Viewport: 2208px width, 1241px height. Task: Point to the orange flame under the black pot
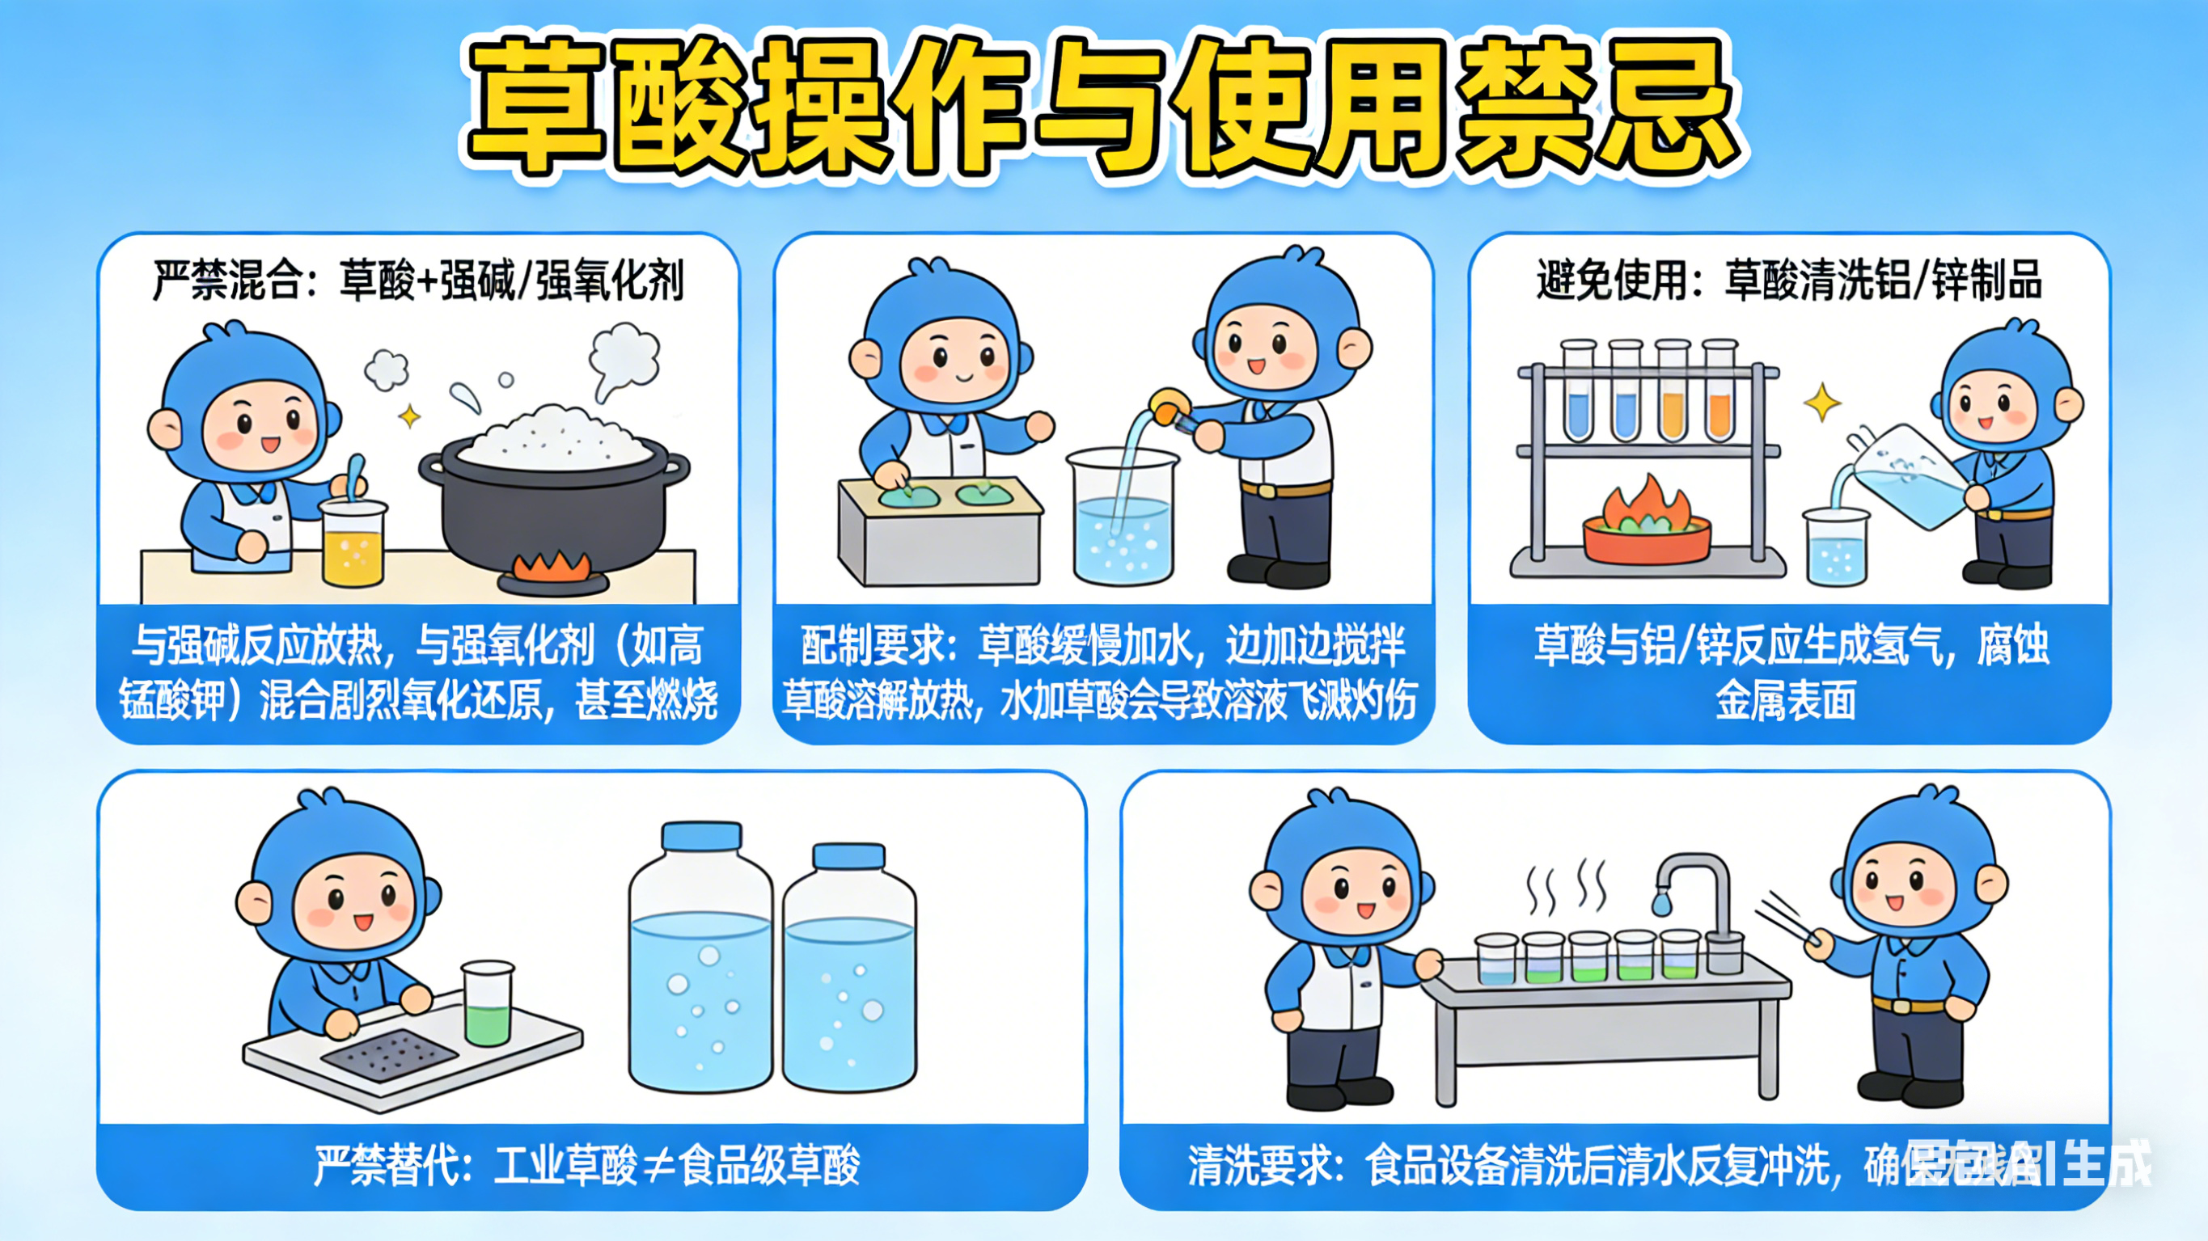pyautogui.click(x=553, y=566)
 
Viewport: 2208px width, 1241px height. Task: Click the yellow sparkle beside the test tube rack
pyautogui.click(x=1821, y=402)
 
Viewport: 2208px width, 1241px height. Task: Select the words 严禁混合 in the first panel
pyautogui.click(x=226, y=281)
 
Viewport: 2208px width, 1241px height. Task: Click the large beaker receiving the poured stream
pyautogui.click(x=1123, y=518)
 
